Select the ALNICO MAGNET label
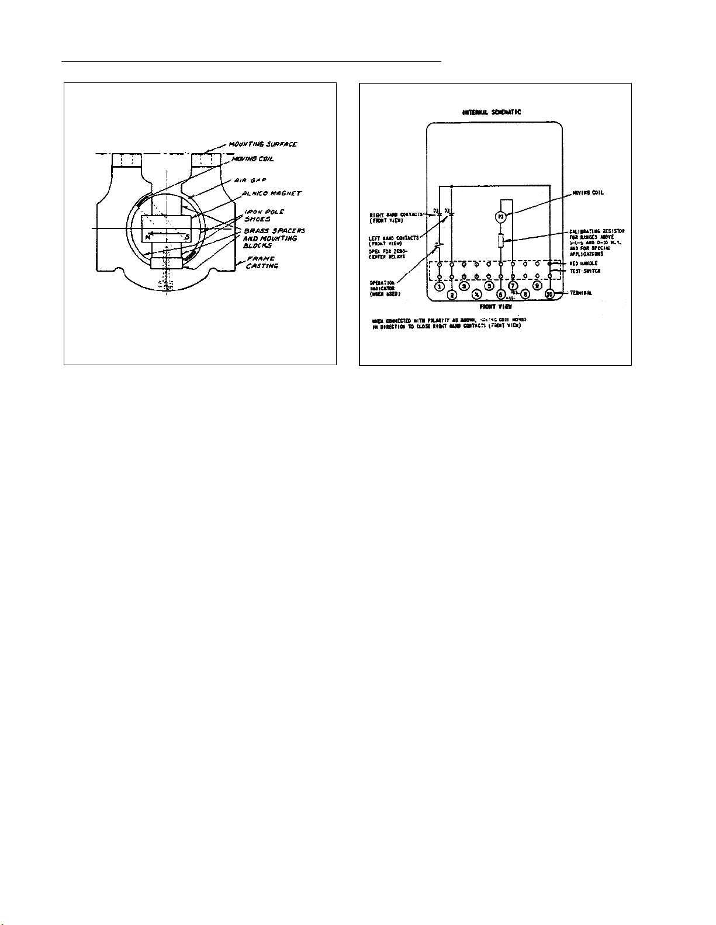272,193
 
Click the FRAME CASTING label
261,262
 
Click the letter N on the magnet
148,237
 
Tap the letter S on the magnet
186,237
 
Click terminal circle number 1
440,287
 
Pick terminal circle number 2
452,295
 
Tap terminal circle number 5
489,287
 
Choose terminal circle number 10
549,294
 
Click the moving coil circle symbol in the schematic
500,217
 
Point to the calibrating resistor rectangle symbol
500,240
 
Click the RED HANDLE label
583,264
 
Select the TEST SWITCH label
584,271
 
